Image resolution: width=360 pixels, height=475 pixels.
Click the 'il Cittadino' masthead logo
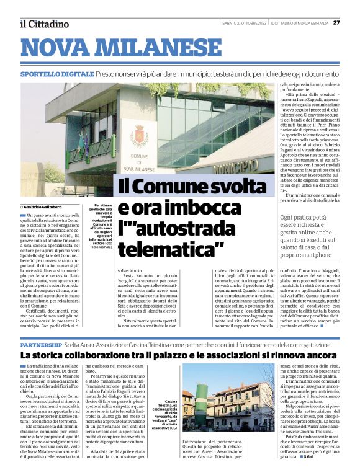coord(44,24)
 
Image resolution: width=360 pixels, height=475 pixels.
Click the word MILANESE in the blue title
coord(160,48)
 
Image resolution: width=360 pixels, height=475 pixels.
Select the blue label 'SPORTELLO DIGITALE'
coord(56,74)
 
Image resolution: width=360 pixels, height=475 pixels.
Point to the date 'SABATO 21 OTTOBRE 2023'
coord(245,23)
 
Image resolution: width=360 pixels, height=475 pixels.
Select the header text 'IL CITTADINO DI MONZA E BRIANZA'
coord(300,23)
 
